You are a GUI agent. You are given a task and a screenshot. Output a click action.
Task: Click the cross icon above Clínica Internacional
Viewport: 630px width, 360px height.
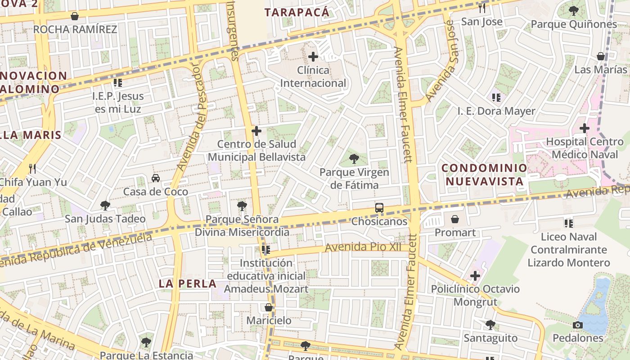coord(313,57)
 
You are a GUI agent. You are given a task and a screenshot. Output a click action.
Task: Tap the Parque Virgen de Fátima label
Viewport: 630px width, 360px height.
coord(354,179)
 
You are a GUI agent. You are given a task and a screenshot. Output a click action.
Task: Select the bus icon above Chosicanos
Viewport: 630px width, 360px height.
coord(379,208)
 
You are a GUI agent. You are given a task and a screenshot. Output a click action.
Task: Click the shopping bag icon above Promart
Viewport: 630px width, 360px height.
coord(455,219)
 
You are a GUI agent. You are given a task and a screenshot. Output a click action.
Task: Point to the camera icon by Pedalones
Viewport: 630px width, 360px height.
coord(578,325)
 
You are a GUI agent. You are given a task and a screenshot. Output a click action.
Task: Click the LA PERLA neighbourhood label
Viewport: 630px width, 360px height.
coord(188,283)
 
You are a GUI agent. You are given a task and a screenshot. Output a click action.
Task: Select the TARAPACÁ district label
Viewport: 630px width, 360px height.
coord(297,12)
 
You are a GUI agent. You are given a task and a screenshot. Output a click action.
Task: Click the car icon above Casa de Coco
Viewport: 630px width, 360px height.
coord(155,178)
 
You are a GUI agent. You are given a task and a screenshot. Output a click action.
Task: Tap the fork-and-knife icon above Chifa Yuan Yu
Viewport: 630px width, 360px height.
coord(32,169)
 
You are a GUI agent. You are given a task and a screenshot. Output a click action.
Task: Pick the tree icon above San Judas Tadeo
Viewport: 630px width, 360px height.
coord(105,206)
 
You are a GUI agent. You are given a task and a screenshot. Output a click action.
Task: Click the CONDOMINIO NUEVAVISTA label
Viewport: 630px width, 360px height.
coord(484,175)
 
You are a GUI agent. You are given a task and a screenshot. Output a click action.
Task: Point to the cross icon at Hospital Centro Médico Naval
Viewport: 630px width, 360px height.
coord(584,128)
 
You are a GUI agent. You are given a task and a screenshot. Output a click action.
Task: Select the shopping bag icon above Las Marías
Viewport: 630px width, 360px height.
coord(600,56)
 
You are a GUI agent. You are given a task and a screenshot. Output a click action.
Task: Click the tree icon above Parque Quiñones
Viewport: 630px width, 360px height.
coord(573,10)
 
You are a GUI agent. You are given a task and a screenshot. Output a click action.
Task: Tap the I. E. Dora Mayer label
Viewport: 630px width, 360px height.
coord(496,111)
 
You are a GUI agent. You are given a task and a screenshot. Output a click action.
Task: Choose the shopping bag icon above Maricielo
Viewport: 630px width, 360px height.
coord(269,307)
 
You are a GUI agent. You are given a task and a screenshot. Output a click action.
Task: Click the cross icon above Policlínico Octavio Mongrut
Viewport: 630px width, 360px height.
coord(475,275)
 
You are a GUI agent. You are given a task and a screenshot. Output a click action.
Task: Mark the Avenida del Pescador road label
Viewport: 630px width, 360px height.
coord(189,117)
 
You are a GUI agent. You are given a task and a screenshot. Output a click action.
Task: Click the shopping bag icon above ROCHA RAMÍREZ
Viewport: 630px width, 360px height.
coord(75,16)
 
